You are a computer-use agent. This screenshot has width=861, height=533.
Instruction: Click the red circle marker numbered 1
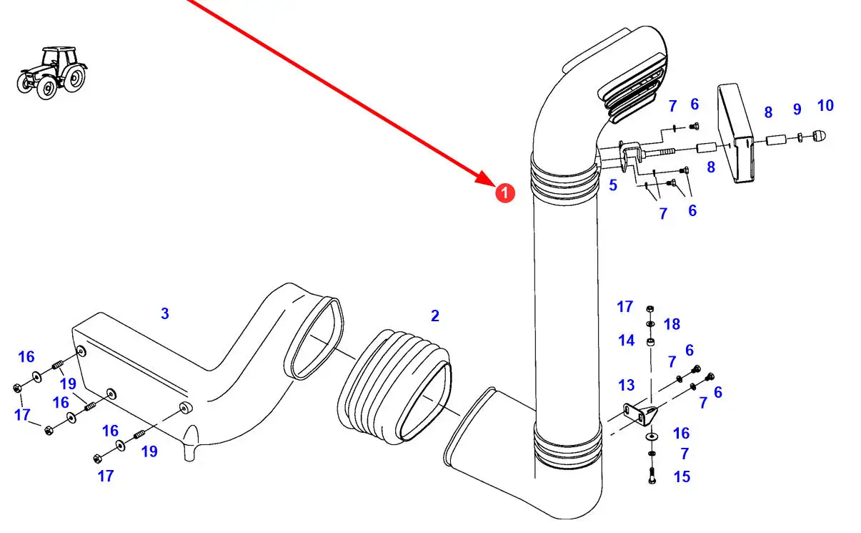point(504,192)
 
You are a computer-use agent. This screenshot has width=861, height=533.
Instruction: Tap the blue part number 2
point(434,316)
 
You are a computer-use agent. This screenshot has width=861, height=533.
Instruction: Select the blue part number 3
point(165,313)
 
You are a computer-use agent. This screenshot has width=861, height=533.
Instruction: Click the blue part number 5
point(613,185)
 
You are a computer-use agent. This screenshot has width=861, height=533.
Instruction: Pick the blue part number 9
point(797,109)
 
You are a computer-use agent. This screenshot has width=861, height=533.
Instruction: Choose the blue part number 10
point(825,106)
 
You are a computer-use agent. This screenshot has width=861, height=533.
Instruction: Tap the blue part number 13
point(626,386)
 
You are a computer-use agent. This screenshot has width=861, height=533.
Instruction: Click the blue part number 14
point(626,341)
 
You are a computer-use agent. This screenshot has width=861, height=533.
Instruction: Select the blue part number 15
point(682,476)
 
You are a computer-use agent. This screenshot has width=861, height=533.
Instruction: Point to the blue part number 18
point(672,324)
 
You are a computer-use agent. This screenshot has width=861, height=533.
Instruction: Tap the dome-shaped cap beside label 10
point(820,135)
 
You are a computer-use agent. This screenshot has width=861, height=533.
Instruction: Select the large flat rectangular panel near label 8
point(736,134)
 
